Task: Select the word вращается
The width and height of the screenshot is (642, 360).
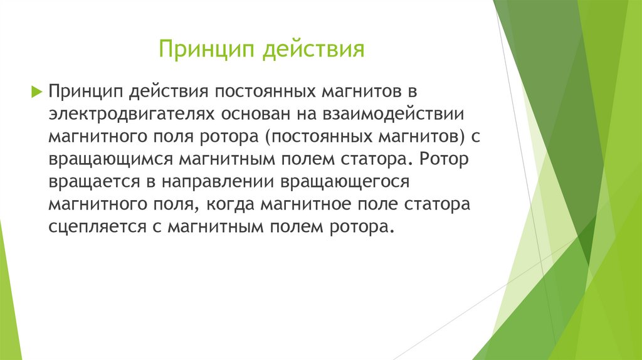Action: point(94,182)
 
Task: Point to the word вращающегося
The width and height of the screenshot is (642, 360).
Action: point(345,182)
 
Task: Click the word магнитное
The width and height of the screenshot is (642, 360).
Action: point(304,204)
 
